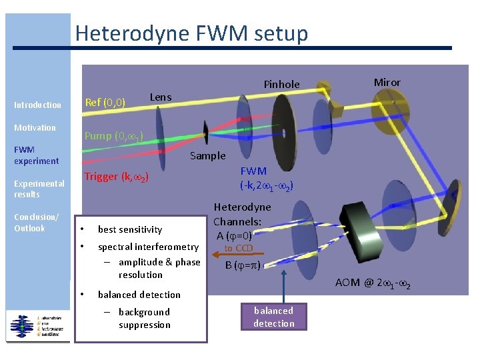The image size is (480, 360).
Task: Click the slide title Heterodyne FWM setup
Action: [x=191, y=33]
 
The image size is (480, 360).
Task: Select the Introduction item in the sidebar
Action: [x=37, y=105]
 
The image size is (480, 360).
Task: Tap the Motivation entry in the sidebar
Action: [x=35, y=127]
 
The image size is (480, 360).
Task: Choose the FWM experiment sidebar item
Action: [x=37, y=155]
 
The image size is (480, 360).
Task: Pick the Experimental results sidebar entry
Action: [x=39, y=189]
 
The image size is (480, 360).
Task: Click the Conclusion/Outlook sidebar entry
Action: [x=37, y=223]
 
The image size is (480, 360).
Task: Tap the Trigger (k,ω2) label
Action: [x=115, y=177]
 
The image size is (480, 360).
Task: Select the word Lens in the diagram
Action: [x=161, y=97]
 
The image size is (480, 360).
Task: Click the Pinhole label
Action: [x=281, y=84]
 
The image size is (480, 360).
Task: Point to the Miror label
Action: [x=387, y=83]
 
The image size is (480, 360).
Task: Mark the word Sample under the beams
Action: [x=208, y=156]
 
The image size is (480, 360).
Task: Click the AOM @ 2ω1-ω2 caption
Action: [x=373, y=283]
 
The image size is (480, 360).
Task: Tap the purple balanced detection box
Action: [x=273, y=317]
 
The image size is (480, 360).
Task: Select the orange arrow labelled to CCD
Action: [x=238, y=253]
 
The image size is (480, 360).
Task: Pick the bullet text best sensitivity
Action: [x=130, y=229]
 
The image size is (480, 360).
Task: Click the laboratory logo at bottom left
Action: [x=38, y=325]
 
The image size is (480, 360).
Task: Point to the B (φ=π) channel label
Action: [x=243, y=265]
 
